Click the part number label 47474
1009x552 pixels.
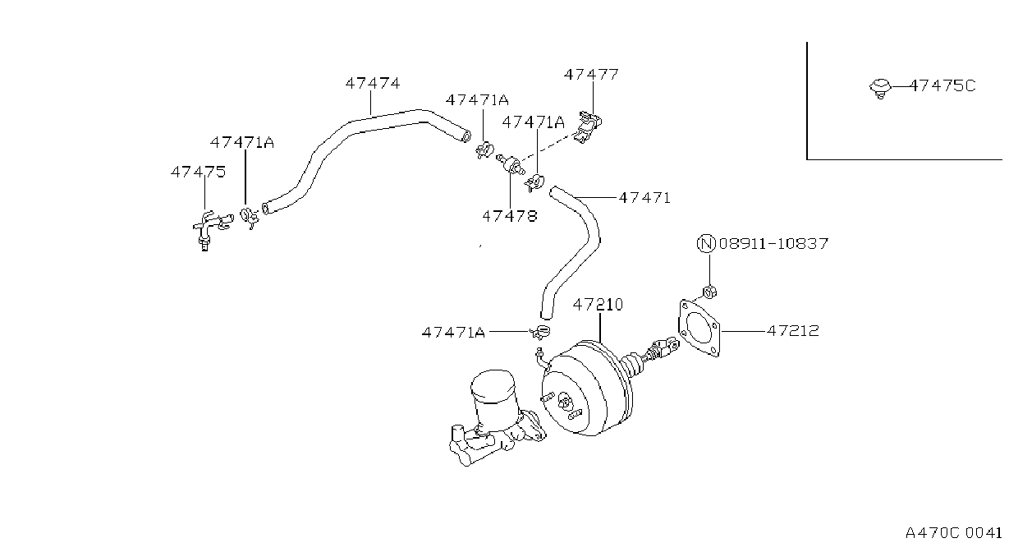373,83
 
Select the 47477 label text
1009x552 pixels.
591,75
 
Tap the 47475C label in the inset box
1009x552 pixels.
942,85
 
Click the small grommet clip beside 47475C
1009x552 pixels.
880,89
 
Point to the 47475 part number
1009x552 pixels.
198,172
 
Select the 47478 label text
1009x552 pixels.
510,216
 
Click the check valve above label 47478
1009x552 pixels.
511,164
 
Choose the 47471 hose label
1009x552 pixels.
644,198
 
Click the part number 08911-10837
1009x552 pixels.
774,244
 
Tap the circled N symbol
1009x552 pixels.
706,243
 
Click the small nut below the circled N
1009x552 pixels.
709,292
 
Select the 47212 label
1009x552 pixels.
793,331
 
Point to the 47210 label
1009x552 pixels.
599,305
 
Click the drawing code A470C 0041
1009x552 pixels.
953,533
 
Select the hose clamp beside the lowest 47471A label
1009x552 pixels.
540,332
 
